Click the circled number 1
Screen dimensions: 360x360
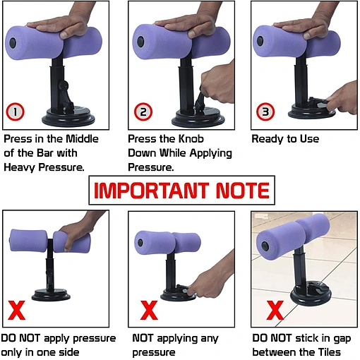click(x=15, y=112)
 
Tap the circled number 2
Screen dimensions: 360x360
click(x=143, y=112)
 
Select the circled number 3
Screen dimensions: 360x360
click(x=265, y=112)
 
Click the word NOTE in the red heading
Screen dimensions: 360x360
click(x=243, y=191)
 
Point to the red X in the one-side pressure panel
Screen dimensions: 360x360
click(x=16, y=310)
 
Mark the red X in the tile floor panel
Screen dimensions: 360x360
click(x=275, y=310)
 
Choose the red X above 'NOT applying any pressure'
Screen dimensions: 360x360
click(x=149, y=310)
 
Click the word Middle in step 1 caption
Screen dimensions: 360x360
click(x=82, y=139)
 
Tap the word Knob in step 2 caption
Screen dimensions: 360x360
click(x=191, y=139)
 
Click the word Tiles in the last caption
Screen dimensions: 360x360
click(x=329, y=352)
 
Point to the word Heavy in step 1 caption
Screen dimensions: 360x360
click(x=19, y=167)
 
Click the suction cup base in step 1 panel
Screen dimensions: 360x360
click(x=68, y=117)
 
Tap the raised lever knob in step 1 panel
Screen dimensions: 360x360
click(x=64, y=85)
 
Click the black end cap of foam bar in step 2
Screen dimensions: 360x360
click(x=140, y=41)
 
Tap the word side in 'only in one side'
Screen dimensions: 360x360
click(x=68, y=352)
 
